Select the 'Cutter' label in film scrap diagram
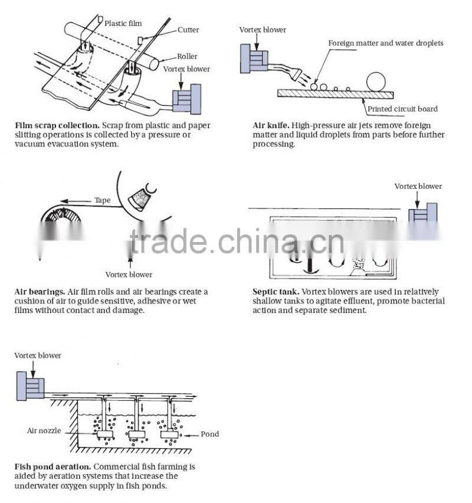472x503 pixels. click(x=188, y=30)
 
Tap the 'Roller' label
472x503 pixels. click(x=187, y=57)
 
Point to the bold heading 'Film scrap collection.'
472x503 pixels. click(x=57, y=126)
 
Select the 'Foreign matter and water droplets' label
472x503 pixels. click(x=385, y=43)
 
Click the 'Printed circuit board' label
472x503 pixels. click(x=402, y=109)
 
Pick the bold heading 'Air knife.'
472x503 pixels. click(x=270, y=126)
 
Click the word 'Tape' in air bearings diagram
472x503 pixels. click(x=102, y=200)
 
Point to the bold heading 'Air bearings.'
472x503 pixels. click(x=40, y=292)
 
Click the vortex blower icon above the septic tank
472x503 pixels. click(x=423, y=213)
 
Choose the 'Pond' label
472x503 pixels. click(x=209, y=434)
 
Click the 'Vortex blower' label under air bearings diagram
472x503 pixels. click(x=129, y=274)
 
